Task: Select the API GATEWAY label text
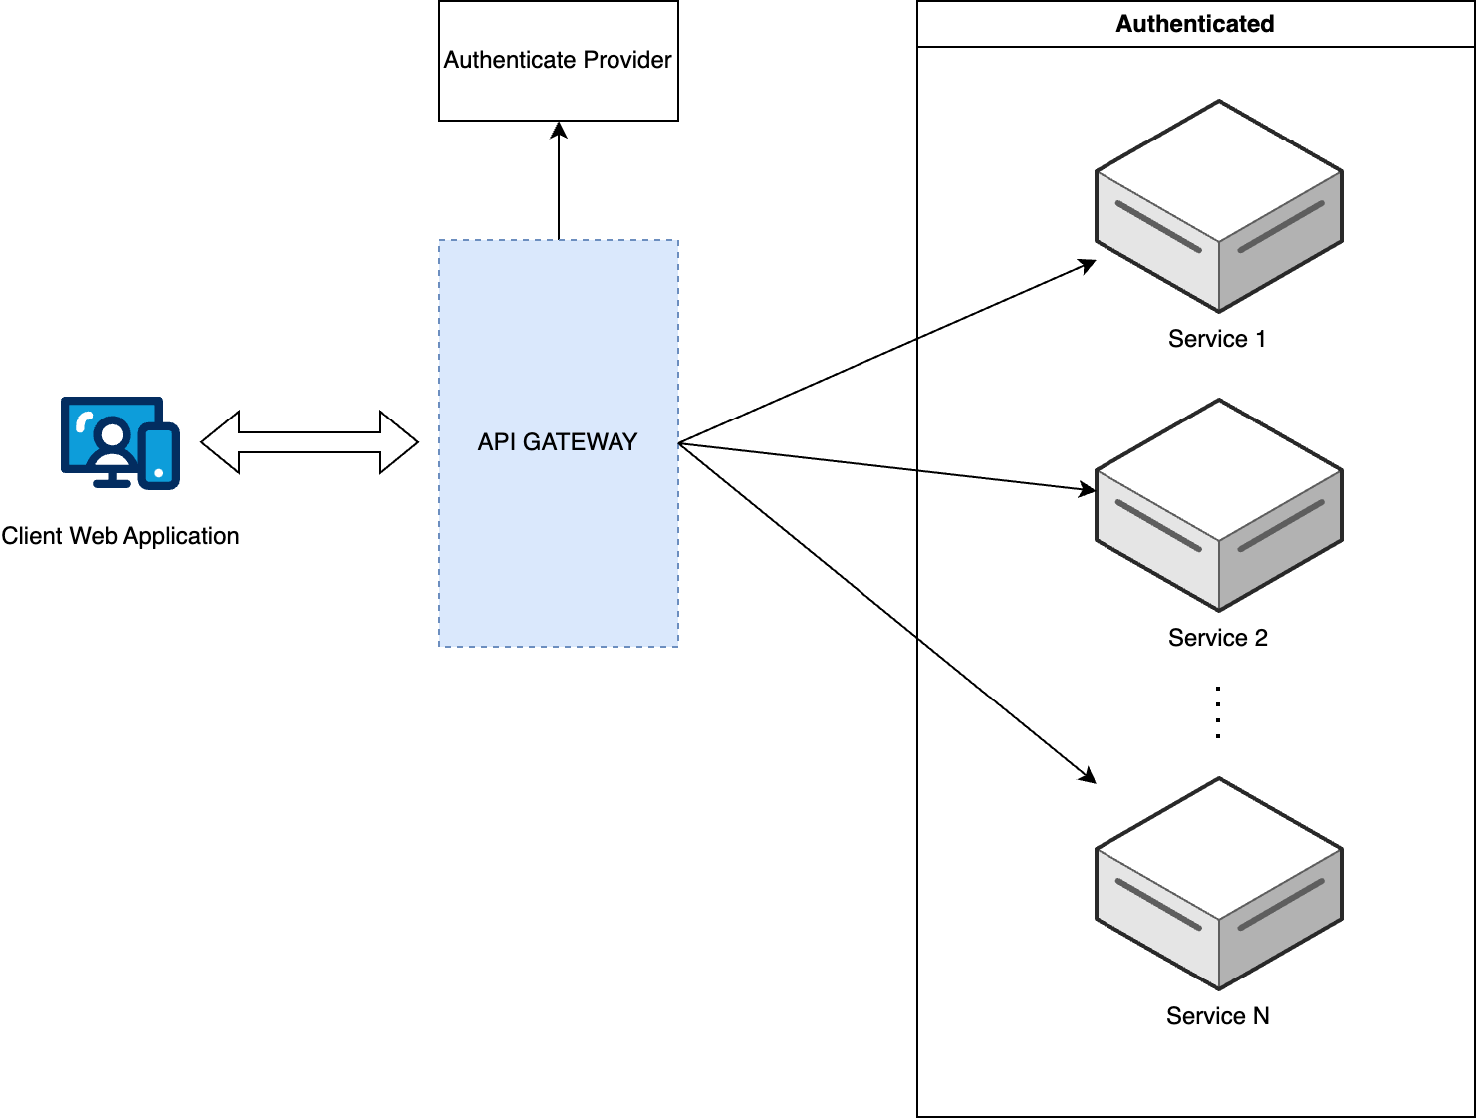tap(558, 442)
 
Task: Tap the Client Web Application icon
tap(120, 442)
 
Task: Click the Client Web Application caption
tap(121, 536)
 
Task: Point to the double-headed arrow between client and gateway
tap(310, 442)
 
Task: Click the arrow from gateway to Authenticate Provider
tap(559, 184)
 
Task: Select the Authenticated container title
tap(1194, 24)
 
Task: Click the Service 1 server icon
tap(1219, 206)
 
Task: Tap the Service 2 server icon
tap(1219, 505)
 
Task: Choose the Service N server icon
tap(1219, 884)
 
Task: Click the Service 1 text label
tap(1217, 339)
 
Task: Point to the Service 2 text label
tap(1218, 638)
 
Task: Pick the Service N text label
tap(1217, 1016)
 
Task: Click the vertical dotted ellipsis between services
tap(1218, 711)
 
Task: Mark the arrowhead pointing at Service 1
tap(1089, 265)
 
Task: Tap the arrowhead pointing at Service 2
tap(1088, 489)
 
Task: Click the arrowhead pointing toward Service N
tap(1088, 775)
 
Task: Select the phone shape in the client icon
tap(159, 456)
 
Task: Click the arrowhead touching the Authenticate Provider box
tap(559, 130)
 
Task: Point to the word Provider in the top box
tap(627, 60)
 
